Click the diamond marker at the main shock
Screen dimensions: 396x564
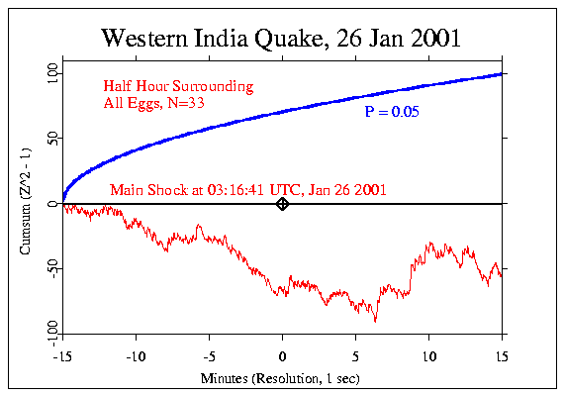pyautogui.click(x=282, y=204)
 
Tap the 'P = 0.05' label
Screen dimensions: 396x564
pyautogui.click(x=392, y=113)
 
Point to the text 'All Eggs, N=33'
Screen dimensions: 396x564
pyautogui.click(x=153, y=102)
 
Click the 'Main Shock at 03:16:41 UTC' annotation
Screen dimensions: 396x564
pyautogui.click(x=247, y=189)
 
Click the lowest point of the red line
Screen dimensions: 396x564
pyautogui.click(x=375, y=321)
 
